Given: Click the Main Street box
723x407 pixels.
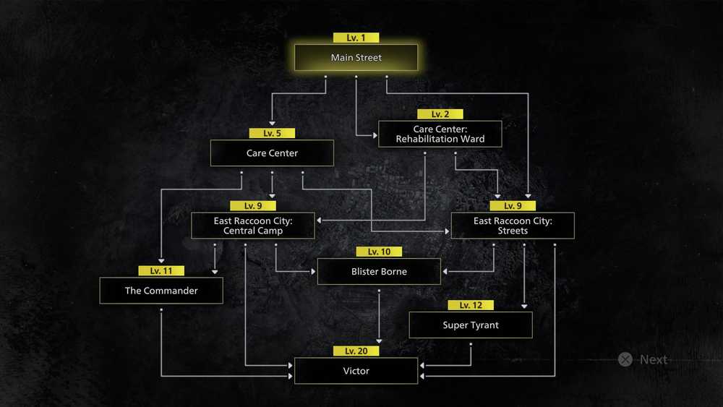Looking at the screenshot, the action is [356, 58].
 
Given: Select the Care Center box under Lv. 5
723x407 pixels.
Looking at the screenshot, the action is [272, 153].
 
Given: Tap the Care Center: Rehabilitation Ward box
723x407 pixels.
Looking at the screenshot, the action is [440, 134].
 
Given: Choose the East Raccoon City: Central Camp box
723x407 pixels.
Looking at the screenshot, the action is [252, 226].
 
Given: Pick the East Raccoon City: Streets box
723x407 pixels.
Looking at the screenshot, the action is [513, 226].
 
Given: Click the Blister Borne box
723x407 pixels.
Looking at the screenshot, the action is [379, 272].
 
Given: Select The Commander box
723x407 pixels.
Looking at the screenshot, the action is [161, 291].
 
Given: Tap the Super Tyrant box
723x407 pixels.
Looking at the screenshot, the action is [471, 325].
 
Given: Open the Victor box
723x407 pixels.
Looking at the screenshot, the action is [356, 371].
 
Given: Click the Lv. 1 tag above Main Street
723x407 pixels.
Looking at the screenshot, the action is [356, 38].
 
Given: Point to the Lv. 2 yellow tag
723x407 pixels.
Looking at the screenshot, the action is [440, 113].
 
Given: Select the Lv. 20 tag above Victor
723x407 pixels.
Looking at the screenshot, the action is [356, 351].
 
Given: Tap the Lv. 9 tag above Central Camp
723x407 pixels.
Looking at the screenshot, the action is [252, 205].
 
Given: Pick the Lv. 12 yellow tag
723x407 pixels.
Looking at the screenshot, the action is [471, 305].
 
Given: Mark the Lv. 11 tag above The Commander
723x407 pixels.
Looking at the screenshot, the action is [161, 270].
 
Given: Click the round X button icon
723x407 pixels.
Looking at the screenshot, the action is [625, 359].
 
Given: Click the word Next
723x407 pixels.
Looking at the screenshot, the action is [654, 359].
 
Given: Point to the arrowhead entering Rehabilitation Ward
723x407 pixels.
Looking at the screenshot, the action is [375, 135].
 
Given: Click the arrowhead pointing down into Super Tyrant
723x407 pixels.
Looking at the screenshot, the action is [524, 306].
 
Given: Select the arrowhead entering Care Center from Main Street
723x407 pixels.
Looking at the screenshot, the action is [272, 124].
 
